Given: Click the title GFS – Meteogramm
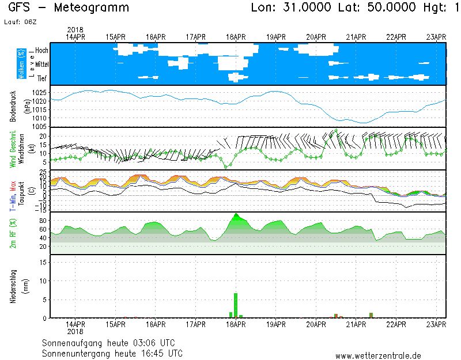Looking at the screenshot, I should pyautogui.click(x=69, y=8).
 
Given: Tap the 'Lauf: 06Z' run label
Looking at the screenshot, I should pyautogui.click(x=20, y=22).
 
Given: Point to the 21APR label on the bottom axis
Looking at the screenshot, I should pyautogui.click(x=356, y=325).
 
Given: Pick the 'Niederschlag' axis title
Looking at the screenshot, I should pyautogui.click(x=13, y=286).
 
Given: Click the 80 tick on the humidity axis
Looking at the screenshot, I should pyautogui.click(x=43, y=221).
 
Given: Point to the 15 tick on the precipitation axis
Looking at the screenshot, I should pyautogui.click(x=43, y=263).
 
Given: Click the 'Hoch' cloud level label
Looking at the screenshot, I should pyautogui.click(x=41, y=51).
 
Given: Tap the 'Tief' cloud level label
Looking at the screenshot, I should pyautogui.click(x=42, y=78).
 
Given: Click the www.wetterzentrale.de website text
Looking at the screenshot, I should pyautogui.click(x=378, y=355).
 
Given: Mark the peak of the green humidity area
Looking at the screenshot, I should pyautogui.click(x=236, y=214).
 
